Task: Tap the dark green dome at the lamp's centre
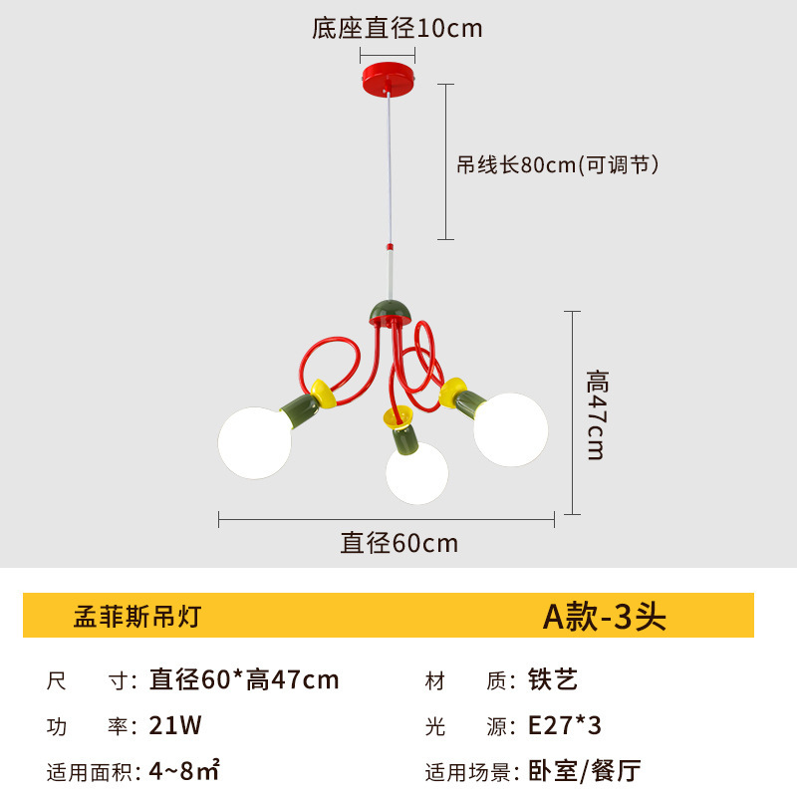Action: click(x=391, y=310)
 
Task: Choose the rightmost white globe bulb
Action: click(x=511, y=429)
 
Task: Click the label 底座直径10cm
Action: click(x=398, y=28)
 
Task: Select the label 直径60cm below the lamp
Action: click(x=399, y=543)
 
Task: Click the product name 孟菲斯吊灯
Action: click(x=137, y=617)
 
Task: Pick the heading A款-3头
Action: click(x=604, y=617)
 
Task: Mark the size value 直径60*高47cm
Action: click(x=244, y=680)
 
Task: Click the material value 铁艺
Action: click(x=553, y=680)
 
